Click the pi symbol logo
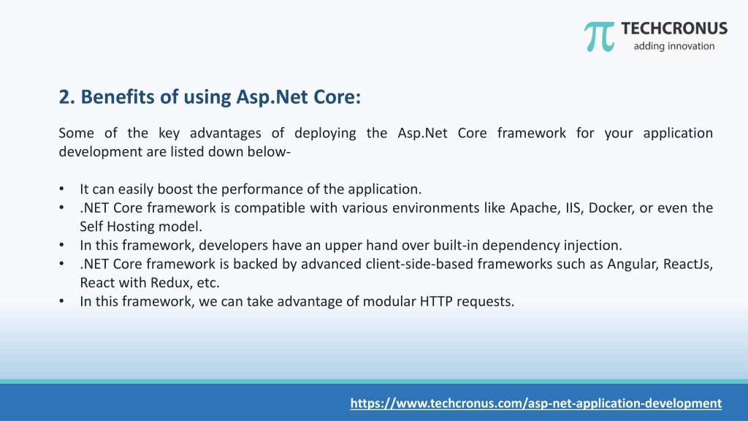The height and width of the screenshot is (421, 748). (x=599, y=37)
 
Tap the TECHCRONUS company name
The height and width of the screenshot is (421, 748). (x=674, y=29)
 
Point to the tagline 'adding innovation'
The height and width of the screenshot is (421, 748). (x=674, y=46)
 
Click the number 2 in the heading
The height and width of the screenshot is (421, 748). (x=64, y=97)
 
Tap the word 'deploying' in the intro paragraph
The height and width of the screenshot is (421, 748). (x=325, y=133)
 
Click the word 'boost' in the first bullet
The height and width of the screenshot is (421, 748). (x=175, y=189)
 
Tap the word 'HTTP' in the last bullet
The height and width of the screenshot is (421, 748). (x=436, y=302)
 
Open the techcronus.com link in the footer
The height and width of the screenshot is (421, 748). (x=535, y=403)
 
